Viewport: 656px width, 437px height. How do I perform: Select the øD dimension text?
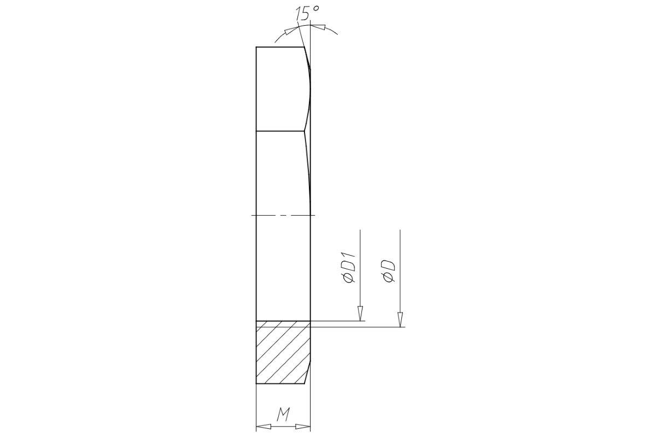(389, 271)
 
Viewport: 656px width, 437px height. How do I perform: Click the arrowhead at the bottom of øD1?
(360, 314)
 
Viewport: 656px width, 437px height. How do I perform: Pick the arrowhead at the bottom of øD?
(400, 320)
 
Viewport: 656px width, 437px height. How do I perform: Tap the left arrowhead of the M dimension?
(264, 427)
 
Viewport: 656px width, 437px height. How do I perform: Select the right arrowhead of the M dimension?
(303, 427)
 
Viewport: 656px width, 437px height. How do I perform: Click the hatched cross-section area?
(280, 352)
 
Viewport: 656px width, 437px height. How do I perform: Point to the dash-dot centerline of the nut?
(282, 215)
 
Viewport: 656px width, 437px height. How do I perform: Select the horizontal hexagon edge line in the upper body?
(279, 131)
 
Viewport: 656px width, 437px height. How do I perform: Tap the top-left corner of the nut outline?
(256, 47)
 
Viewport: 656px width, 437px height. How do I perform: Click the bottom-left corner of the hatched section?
(256, 383)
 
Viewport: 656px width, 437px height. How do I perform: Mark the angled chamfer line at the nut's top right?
(307, 58)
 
